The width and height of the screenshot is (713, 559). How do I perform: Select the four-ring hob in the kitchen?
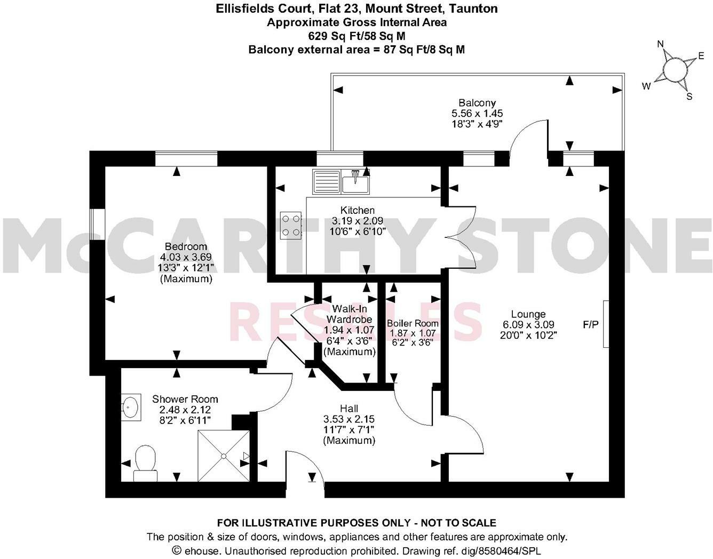[291, 225]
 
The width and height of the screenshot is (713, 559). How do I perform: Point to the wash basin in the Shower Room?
[130, 408]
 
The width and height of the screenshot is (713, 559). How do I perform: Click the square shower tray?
[223, 455]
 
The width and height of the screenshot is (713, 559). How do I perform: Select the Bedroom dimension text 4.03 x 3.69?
[186, 257]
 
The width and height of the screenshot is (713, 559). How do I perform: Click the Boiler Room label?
[413, 323]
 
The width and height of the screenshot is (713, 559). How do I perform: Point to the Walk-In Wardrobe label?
[349, 314]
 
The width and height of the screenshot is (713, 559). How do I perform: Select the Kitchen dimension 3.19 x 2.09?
[358, 221]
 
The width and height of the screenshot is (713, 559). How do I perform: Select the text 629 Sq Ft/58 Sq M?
[356, 36]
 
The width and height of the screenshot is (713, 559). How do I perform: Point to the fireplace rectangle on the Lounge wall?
[606, 324]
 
